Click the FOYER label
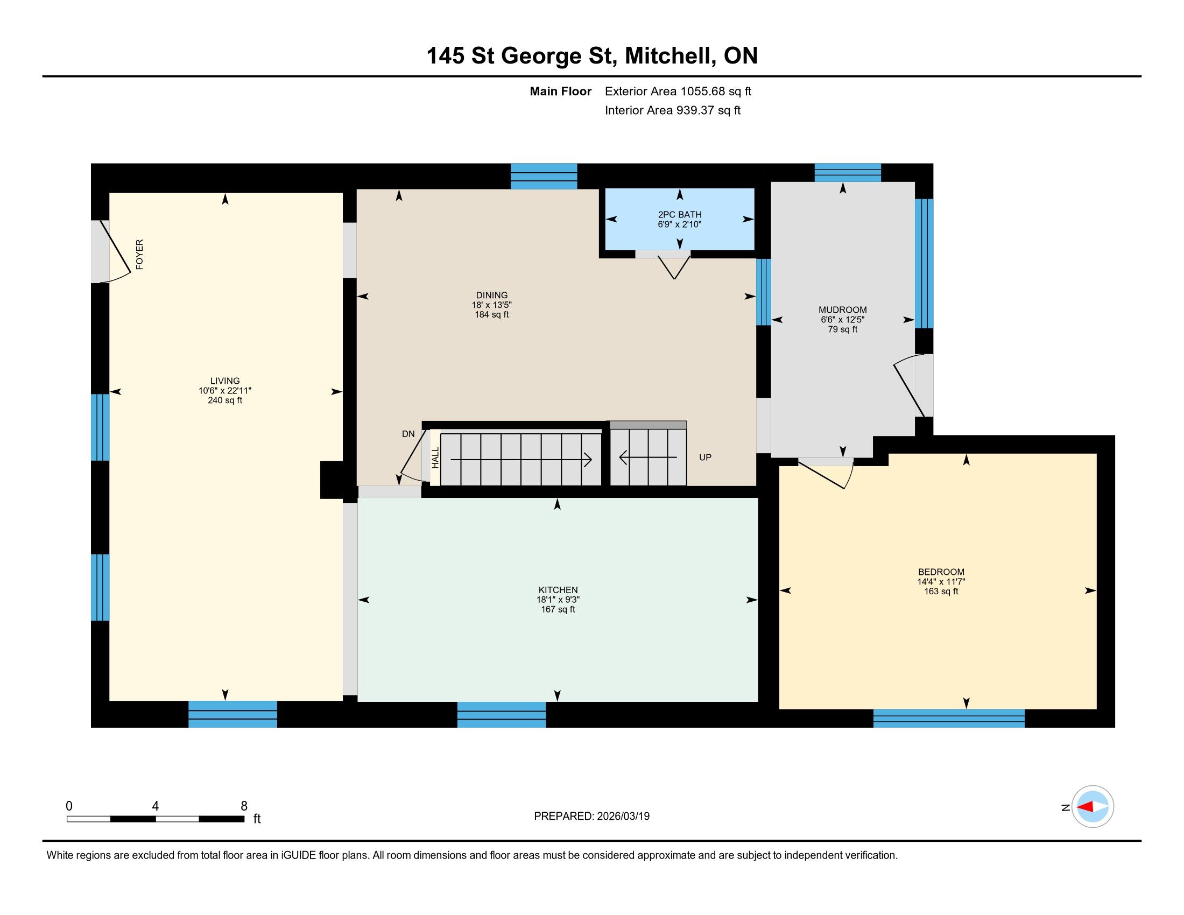139,254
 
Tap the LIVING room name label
225,381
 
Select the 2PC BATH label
680,215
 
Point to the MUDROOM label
842,310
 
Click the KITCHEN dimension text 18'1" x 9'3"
558,600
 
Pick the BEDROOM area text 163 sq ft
941,592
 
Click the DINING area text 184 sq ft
492,314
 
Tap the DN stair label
408,434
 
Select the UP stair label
706,457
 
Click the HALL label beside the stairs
435,457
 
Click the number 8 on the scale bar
244,806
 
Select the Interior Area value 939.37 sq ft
708,110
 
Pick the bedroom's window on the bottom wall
949,718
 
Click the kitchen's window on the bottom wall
502,714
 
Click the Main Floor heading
561,91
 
